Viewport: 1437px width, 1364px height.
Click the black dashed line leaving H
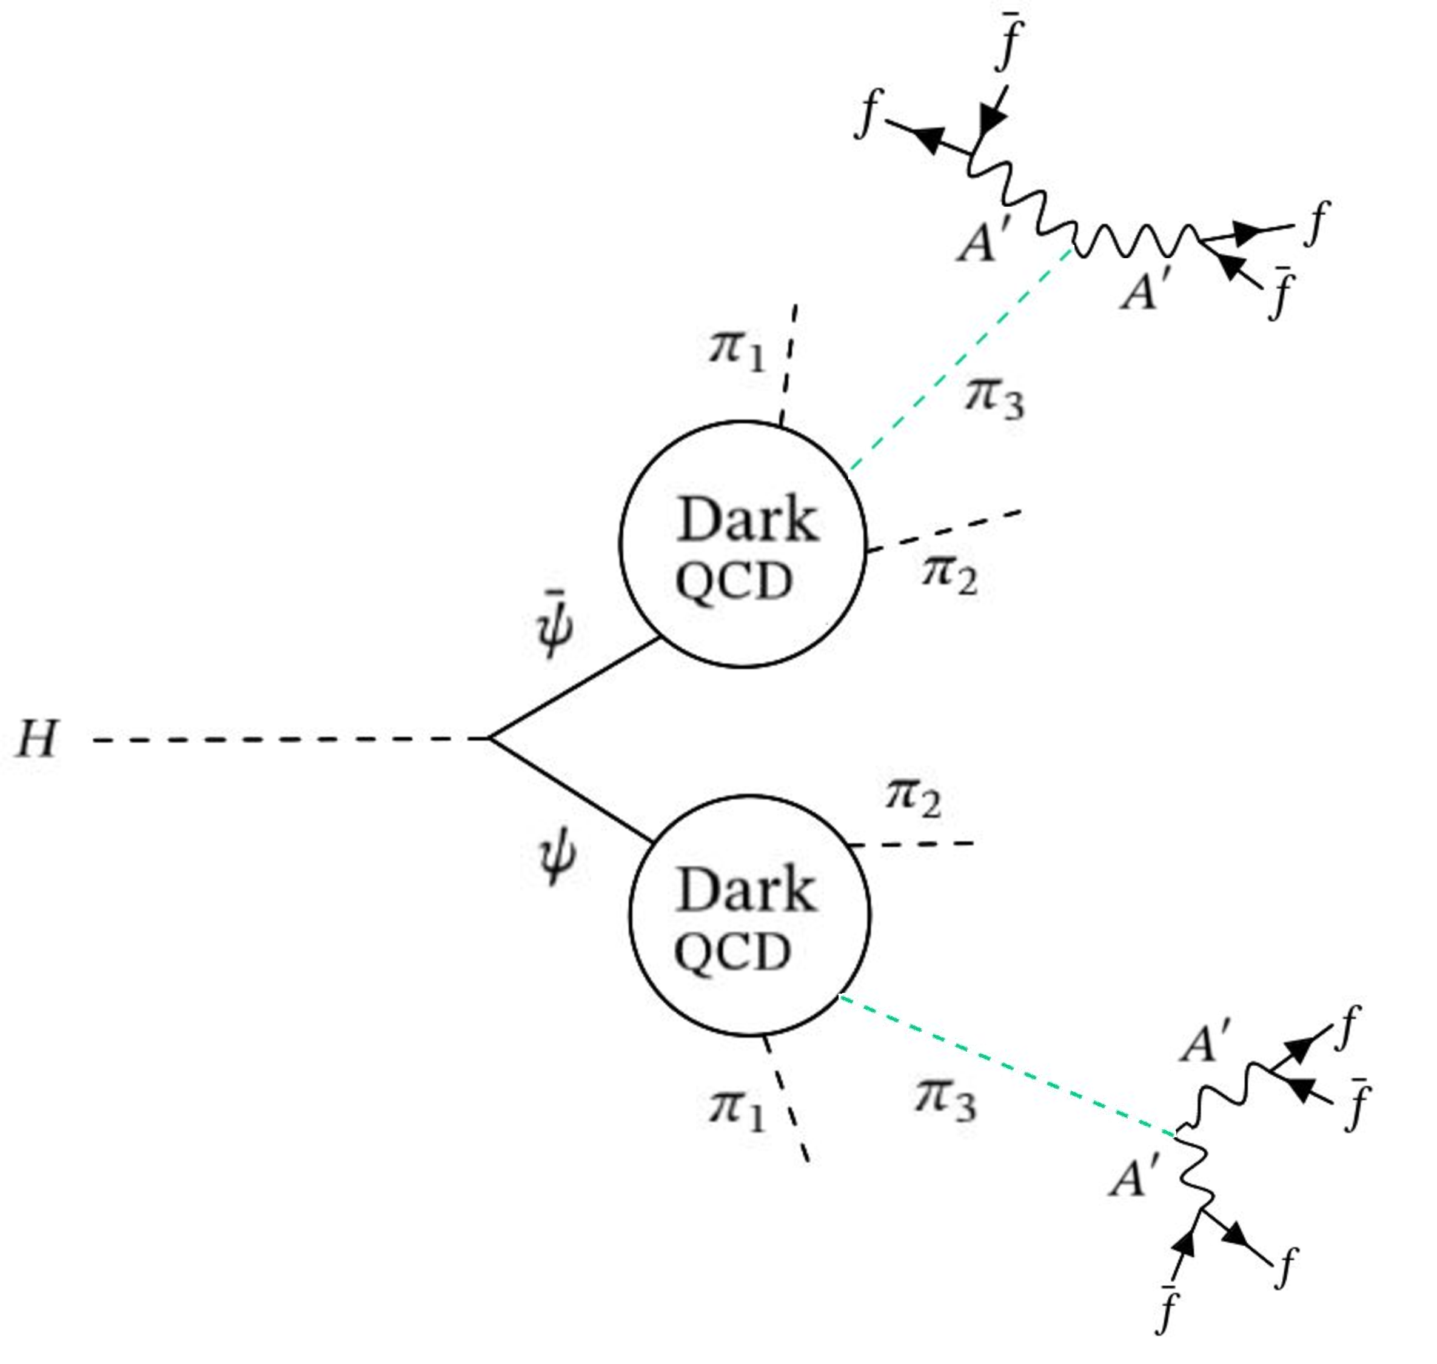click(x=291, y=740)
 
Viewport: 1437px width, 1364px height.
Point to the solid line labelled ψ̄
click(x=575, y=689)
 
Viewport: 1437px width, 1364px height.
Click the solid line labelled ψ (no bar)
click(x=571, y=790)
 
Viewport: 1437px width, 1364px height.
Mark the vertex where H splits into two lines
click(x=489, y=739)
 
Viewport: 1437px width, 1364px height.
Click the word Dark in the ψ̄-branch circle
click(x=747, y=521)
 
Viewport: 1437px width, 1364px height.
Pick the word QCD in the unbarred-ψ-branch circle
click(x=733, y=952)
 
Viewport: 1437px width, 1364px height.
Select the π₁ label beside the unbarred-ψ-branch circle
click(x=737, y=1110)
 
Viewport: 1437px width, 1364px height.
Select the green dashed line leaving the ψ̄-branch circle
click(x=960, y=360)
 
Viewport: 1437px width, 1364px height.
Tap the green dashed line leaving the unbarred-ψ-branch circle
click(x=1007, y=1065)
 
